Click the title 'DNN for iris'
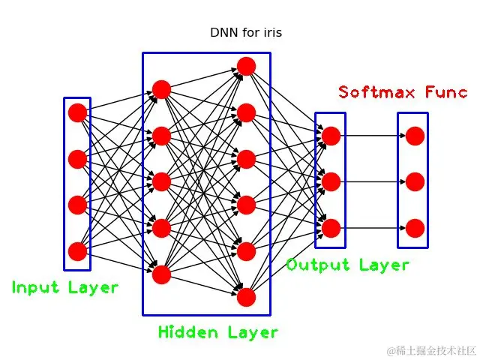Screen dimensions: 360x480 pos(245,33)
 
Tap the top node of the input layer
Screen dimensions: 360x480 pos(77,112)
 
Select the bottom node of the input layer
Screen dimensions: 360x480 pos(77,251)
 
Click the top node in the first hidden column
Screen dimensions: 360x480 pos(161,90)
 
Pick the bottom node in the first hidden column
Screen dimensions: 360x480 pos(161,274)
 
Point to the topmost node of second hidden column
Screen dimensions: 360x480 pos(246,66)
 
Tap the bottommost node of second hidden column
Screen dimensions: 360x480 pos(246,297)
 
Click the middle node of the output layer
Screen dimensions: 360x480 pos(331,181)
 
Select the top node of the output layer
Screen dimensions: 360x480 pos(331,136)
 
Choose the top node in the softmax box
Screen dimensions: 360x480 pos(415,136)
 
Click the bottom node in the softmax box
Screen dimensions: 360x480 pos(415,227)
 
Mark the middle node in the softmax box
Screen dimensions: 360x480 pos(415,181)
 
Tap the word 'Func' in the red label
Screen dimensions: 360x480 pos(447,92)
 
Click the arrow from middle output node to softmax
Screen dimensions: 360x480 pos(373,181)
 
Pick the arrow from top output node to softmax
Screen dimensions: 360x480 pos(373,136)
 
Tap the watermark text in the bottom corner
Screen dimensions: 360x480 pos(431,350)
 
